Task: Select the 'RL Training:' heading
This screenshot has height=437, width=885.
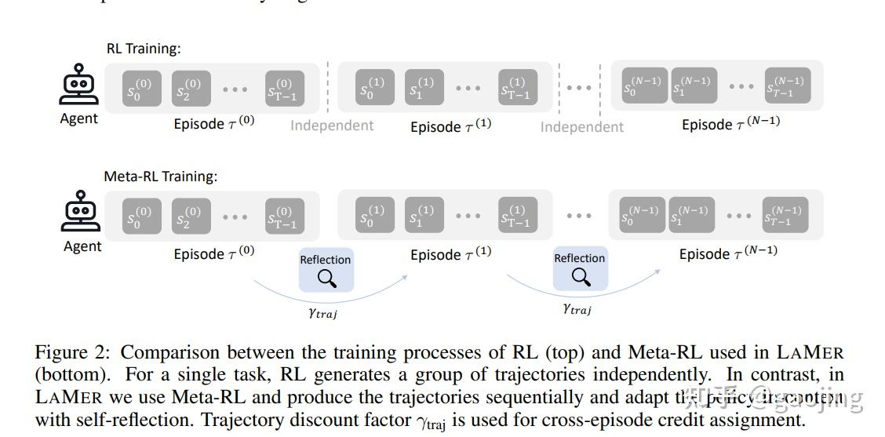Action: click(144, 49)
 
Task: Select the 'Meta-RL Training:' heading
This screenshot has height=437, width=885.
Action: click(161, 177)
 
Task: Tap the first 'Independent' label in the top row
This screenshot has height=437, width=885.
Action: click(332, 126)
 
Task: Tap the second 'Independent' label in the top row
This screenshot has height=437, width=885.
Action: click(581, 126)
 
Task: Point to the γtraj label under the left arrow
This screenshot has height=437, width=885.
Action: click(322, 313)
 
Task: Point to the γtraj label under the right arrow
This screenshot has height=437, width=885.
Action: click(577, 309)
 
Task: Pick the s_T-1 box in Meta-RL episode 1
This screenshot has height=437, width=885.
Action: click(518, 215)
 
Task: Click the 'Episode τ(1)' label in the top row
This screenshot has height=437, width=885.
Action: click(450, 126)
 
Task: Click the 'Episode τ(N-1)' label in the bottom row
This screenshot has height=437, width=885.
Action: click(728, 254)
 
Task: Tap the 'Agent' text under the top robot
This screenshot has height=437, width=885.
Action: click(79, 118)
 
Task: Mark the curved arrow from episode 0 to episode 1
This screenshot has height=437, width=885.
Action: click(330, 296)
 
